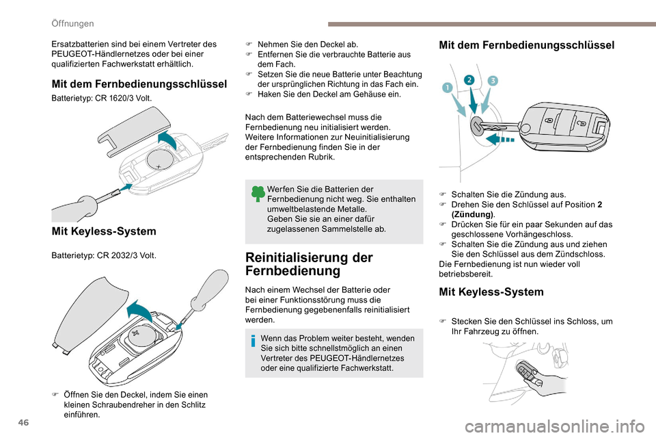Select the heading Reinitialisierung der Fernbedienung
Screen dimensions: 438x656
click(x=309, y=264)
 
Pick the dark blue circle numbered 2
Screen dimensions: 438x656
click(x=469, y=80)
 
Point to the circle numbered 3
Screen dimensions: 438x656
click(x=493, y=81)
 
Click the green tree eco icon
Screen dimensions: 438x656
click(x=258, y=194)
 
